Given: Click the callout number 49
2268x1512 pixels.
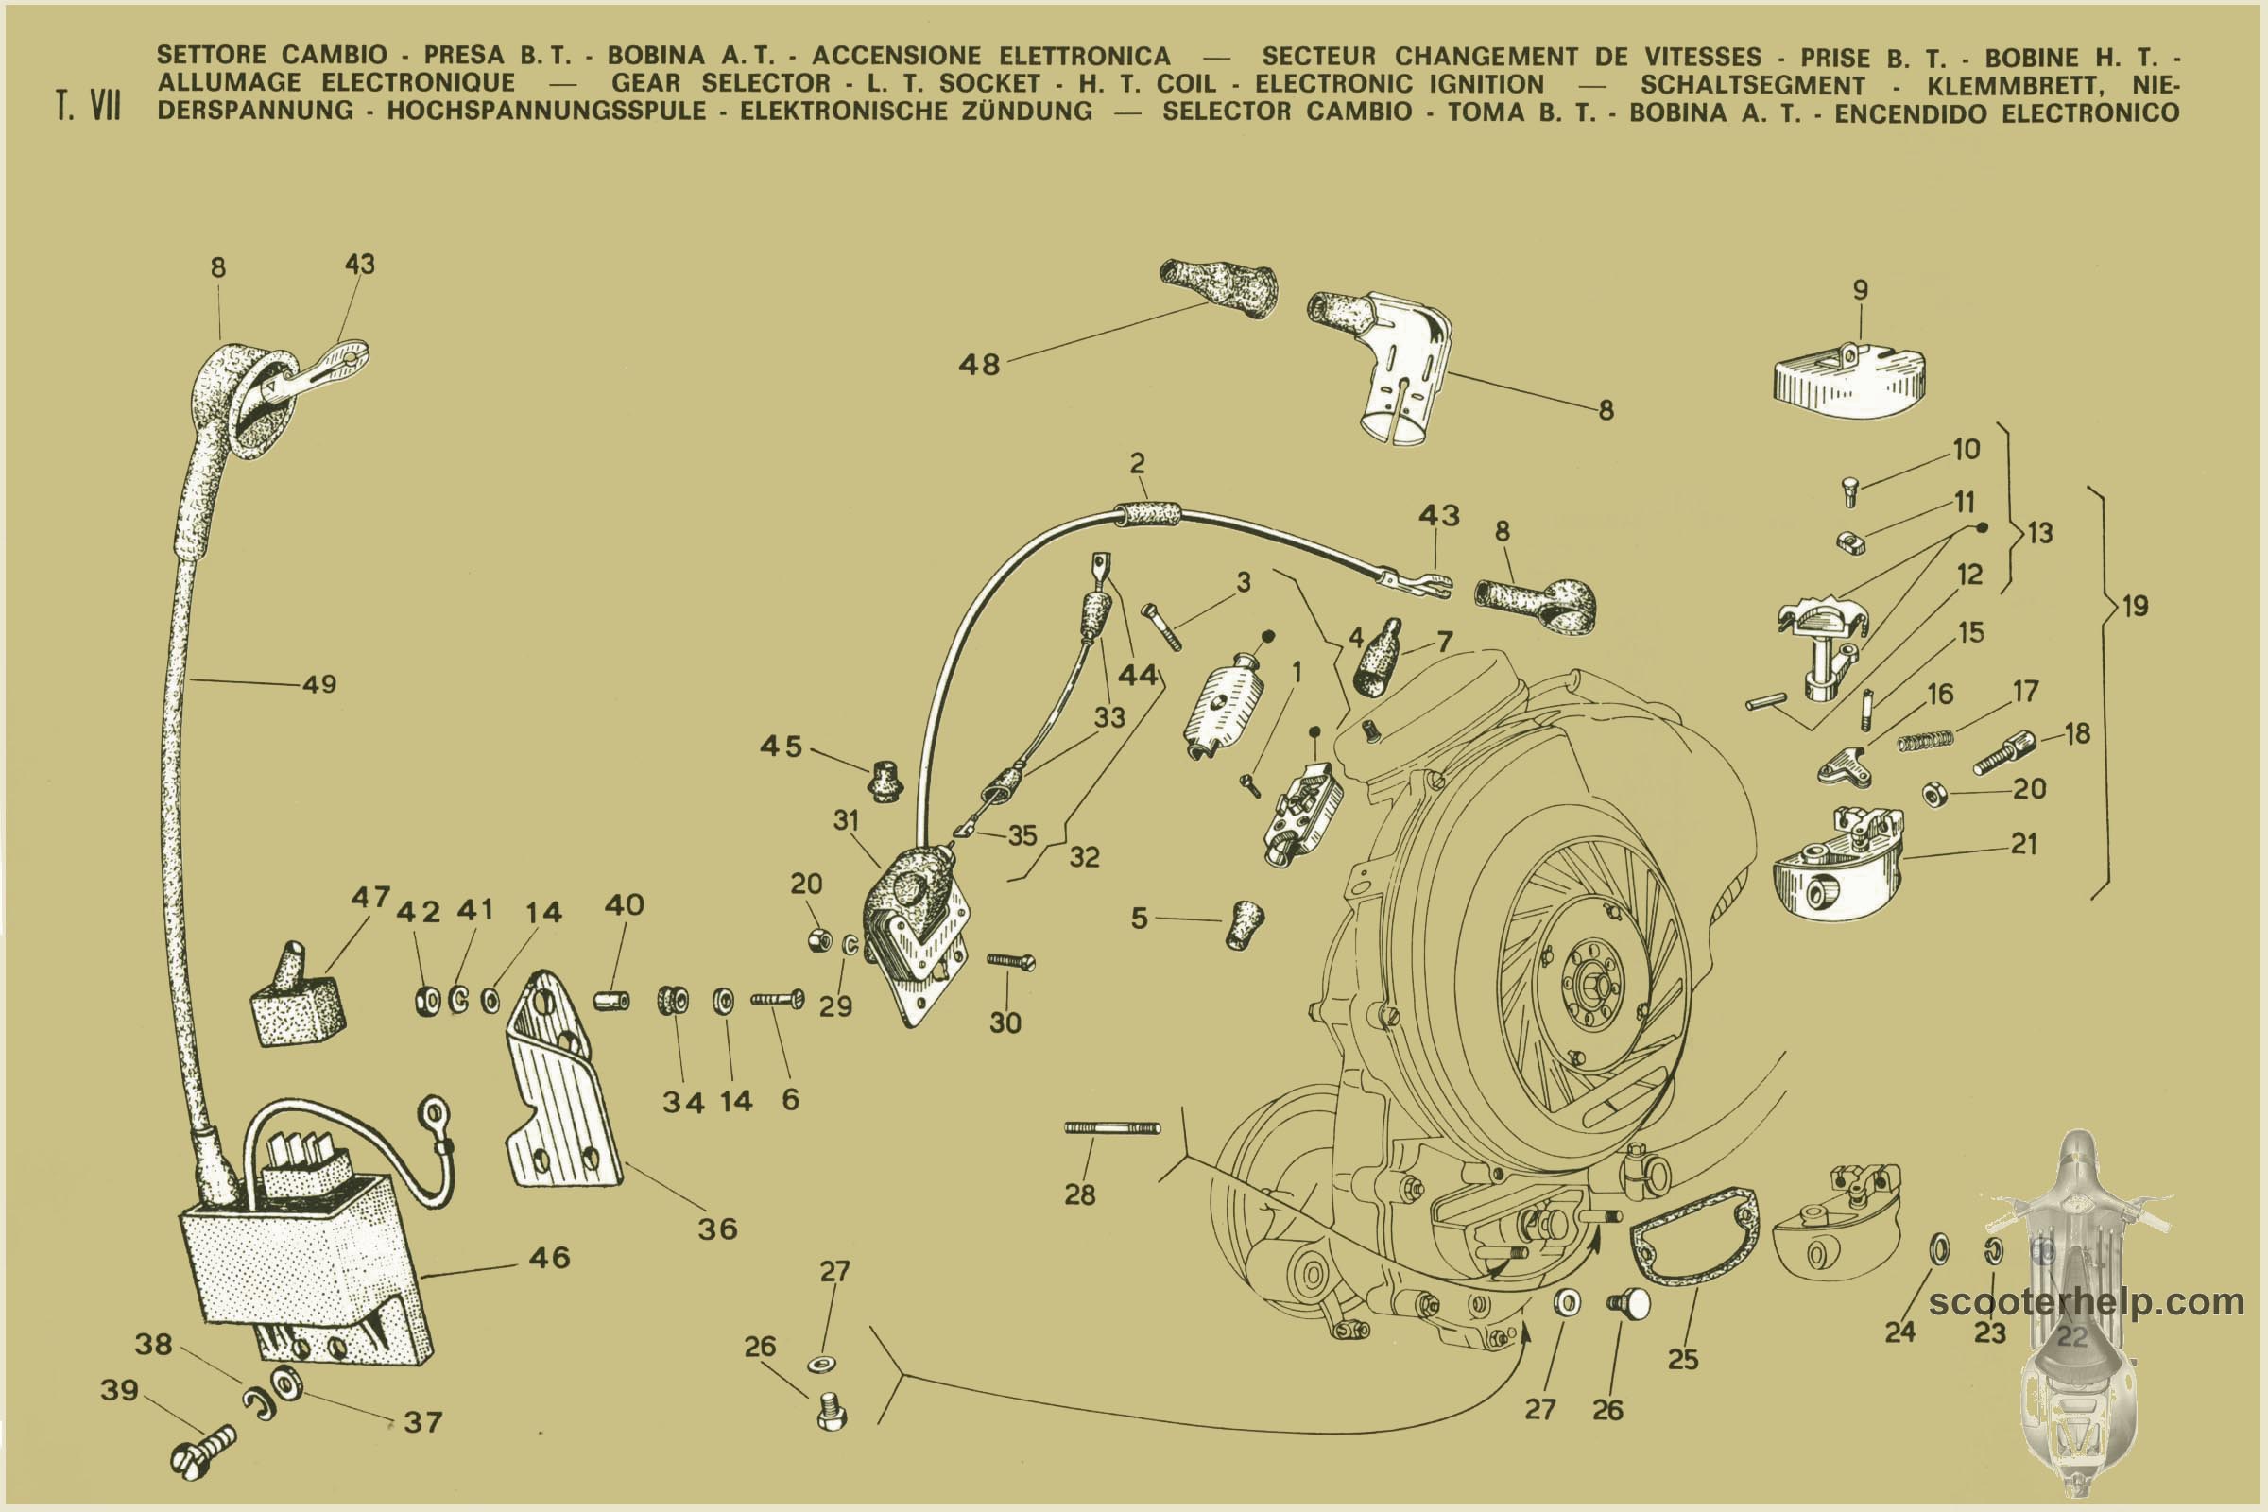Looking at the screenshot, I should coord(319,684).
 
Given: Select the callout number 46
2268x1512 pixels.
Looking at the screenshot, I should coord(549,1258).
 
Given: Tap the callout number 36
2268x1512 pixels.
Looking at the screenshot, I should coord(717,1228).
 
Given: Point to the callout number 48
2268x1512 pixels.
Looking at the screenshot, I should coord(979,365).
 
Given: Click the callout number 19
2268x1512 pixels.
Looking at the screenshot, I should coord(2135,606).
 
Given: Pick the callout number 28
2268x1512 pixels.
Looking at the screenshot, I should coord(1080,1194).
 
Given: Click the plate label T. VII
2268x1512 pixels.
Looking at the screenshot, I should coord(89,105).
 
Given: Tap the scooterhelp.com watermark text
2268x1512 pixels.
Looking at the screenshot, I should coord(2086,1303).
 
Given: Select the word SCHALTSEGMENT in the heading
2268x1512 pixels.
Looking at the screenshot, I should coord(1752,85).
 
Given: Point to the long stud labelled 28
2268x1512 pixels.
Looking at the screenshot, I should coord(1112,1127).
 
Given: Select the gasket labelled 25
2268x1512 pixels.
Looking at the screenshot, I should coord(1693,1237).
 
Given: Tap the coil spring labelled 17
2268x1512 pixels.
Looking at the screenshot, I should coord(1925,741).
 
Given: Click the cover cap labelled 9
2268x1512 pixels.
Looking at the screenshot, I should coord(1847,382).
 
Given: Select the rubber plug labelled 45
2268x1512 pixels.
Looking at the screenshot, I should coord(885,782).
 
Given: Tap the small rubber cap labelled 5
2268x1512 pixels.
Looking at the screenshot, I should coord(1245,925).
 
